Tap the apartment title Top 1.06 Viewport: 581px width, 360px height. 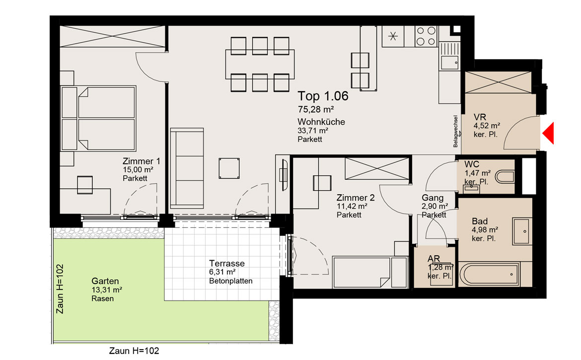click(x=323, y=96)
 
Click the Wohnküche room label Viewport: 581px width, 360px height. click(x=321, y=122)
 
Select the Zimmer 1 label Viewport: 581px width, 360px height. click(x=142, y=161)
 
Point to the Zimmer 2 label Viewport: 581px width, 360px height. click(x=356, y=198)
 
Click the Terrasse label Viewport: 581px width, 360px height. click(x=227, y=263)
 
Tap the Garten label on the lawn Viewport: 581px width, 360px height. click(x=105, y=281)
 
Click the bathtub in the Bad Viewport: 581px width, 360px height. click(x=489, y=275)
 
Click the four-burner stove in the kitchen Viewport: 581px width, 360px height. click(x=426, y=36)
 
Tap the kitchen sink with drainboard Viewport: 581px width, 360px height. click(x=449, y=56)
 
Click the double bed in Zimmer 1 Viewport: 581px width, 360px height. click(x=98, y=118)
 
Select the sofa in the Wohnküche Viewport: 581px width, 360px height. click(x=187, y=168)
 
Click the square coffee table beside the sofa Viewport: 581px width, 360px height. click(x=228, y=168)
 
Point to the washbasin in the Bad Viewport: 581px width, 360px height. click(x=522, y=231)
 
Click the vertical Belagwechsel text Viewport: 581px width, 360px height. click(x=455, y=132)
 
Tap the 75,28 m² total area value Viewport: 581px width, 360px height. click(x=316, y=110)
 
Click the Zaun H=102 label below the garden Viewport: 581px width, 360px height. click(x=134, y=351)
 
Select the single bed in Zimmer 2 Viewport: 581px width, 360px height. click(x=370, y=272)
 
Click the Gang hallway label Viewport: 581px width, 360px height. click(x=433, y=198)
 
